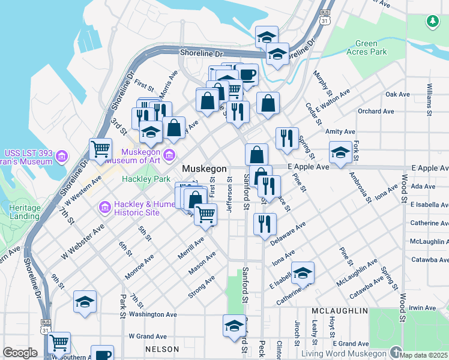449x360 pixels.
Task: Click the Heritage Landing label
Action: [x=21, y=212]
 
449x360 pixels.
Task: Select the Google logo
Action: [x=20, y=353]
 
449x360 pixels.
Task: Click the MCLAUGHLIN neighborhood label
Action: [x=339, y=311]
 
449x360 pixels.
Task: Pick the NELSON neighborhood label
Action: [x=161, y=349]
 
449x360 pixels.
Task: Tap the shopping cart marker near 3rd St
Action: [x=100, y=149]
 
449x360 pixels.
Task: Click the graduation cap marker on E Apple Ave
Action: [x=340, y=152]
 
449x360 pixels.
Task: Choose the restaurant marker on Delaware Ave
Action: [x=265, y=224]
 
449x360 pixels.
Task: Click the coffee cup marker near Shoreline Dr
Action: [x=246, y=75]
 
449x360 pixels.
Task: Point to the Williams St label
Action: [x=429, y=100]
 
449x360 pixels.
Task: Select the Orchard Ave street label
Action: [x=376, y=111]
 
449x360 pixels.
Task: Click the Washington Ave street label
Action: [x=152, y=314]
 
